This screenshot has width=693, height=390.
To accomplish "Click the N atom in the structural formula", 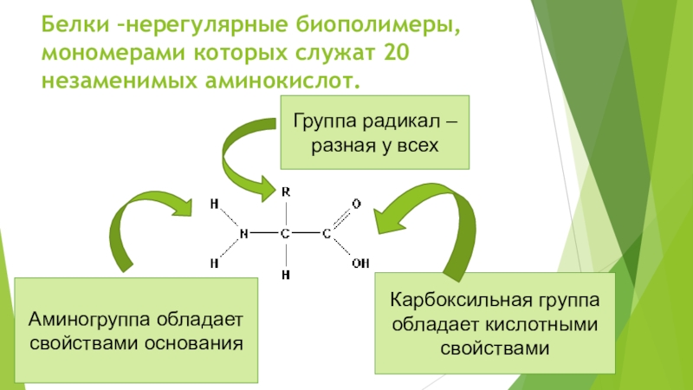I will click(243, 233).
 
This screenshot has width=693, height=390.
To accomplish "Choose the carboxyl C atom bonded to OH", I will click(327, 233).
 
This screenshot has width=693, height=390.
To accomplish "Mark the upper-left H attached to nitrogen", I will click(214, 204).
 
